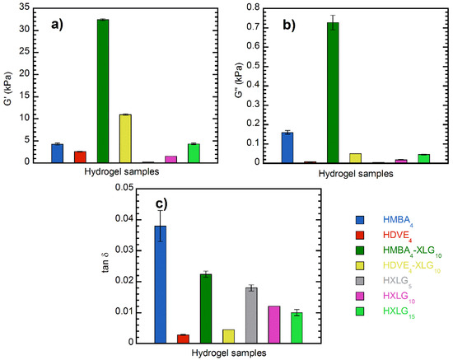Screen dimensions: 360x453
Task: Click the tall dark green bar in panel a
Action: (103, 91)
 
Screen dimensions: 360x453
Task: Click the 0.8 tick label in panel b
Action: (249, 7)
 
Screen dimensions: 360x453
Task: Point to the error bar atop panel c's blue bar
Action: (160, 225)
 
